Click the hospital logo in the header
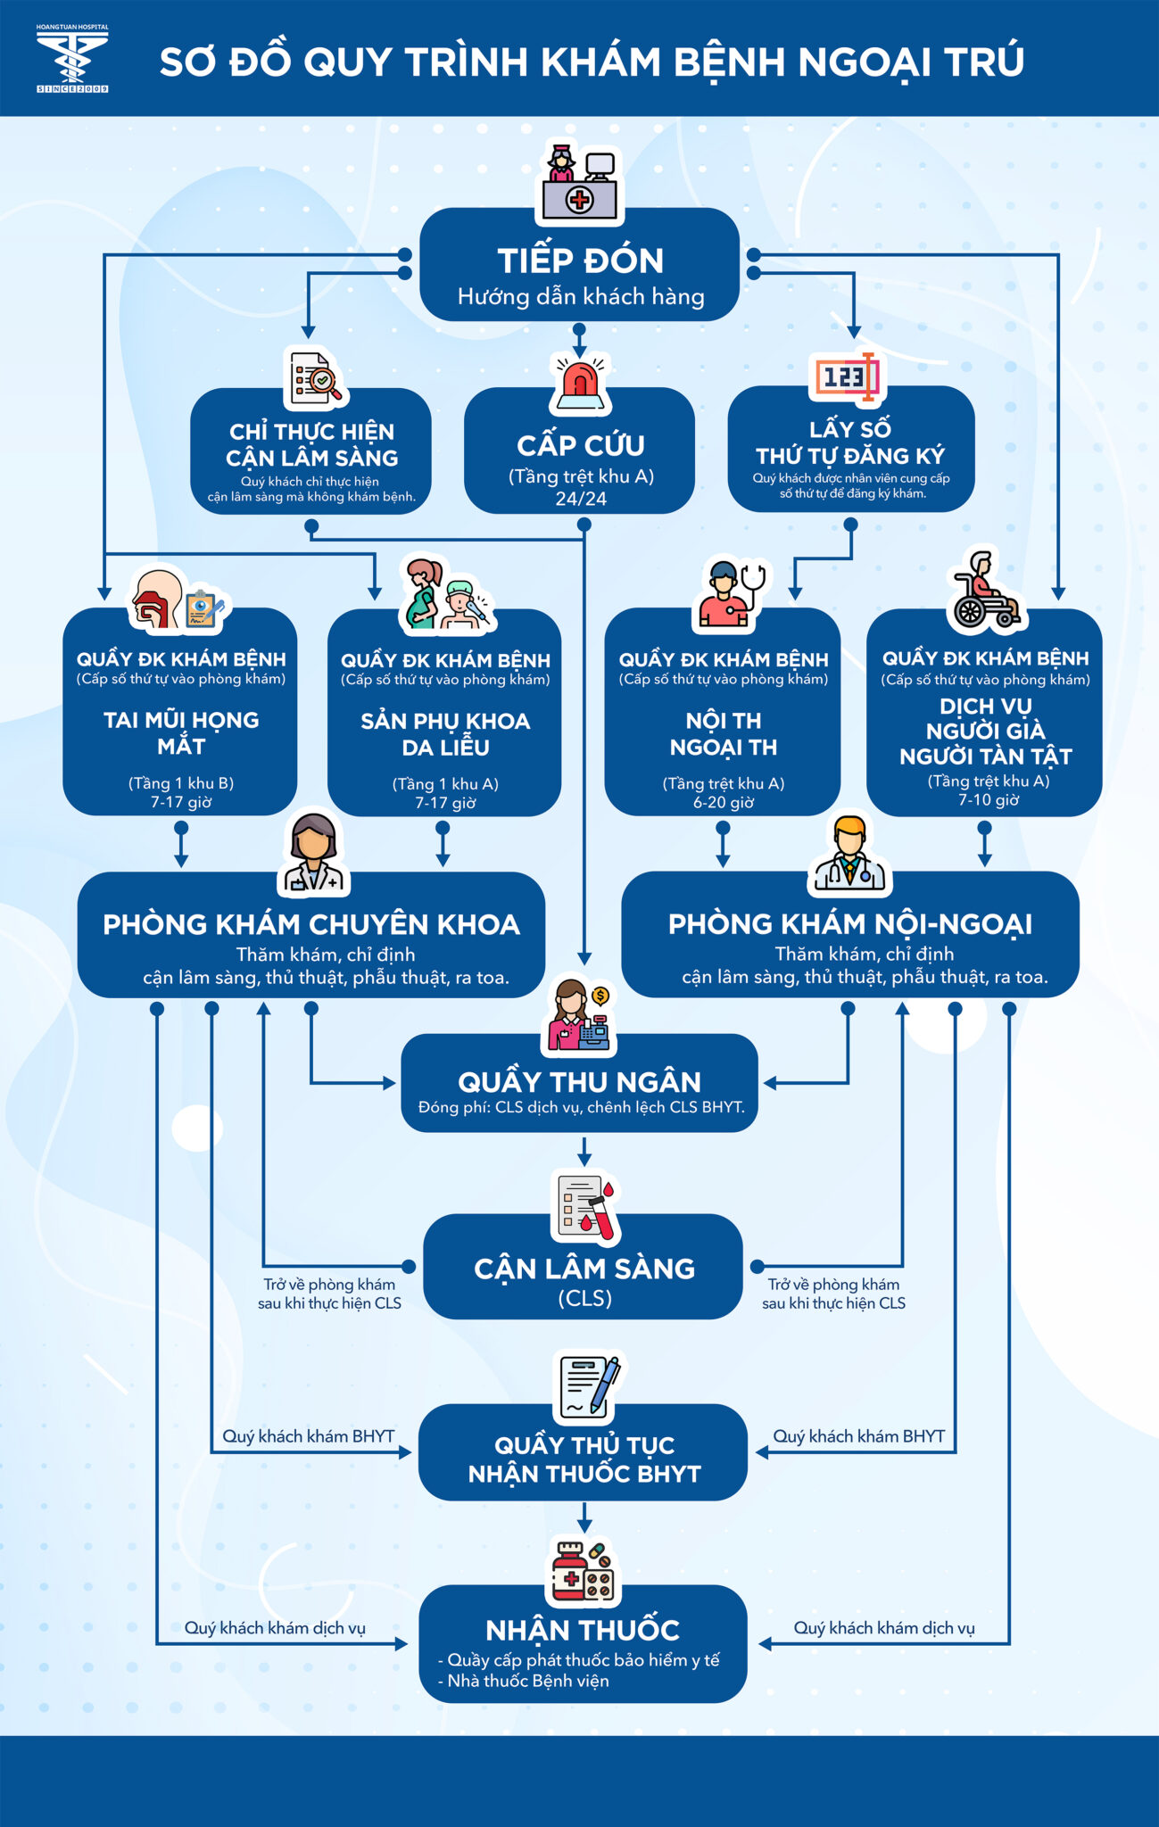[72, 59]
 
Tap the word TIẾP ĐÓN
[580, 260]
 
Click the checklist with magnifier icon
[316, 377]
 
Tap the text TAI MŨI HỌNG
[181, 720]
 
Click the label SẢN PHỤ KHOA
[445, 721]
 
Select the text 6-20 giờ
[724, 802]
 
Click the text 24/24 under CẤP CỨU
[581, 499]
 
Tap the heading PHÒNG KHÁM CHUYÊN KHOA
[311, 924]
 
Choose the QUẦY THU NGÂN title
[580, 1082]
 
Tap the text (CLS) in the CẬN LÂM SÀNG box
[584, 1298]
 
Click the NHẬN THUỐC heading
[583, 1630]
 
